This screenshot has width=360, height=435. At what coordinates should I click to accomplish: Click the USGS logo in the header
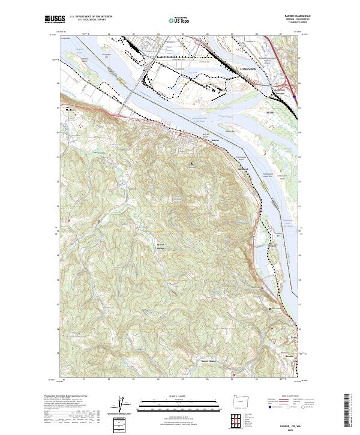point(53,20)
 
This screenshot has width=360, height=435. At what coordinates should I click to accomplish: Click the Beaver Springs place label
point(160,246)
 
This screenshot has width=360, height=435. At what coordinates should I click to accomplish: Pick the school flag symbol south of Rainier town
point(192,164)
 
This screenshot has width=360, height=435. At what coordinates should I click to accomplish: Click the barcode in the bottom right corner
point(346,412)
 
